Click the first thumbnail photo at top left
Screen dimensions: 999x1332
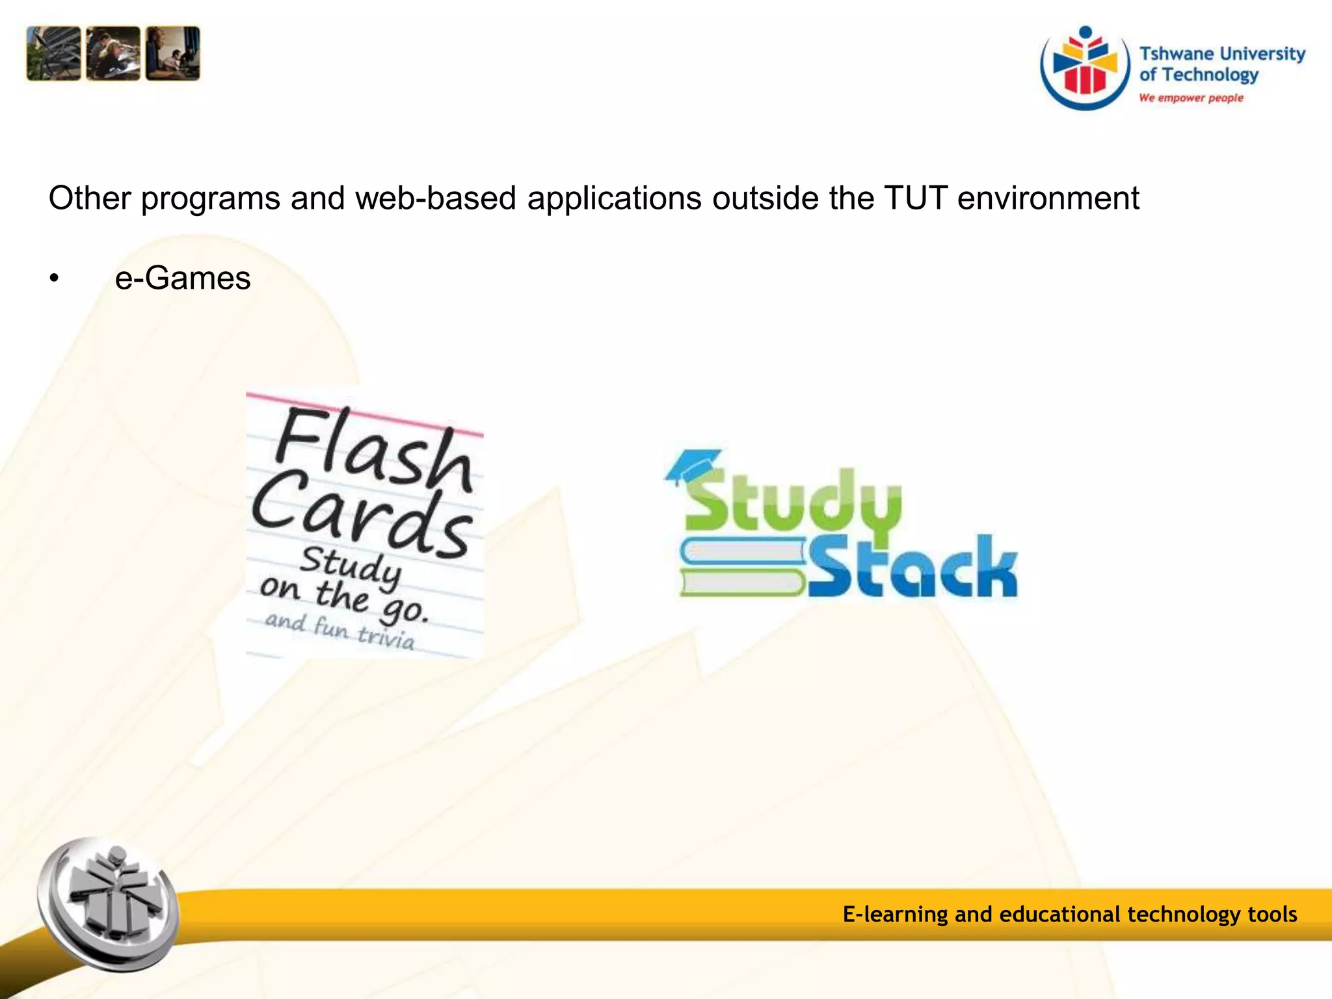(53, 53)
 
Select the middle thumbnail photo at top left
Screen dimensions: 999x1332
(113, 53)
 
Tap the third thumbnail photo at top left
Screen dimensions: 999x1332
(173, 53)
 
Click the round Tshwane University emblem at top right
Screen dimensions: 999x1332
(1084, 68)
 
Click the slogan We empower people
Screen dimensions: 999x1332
(1191, 98)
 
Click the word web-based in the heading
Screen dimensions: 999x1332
(435, 198)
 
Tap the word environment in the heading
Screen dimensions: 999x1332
(1048, 198)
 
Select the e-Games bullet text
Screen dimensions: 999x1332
(183, 278)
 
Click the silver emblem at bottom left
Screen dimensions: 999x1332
(108, 905)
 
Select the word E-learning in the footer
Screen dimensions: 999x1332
(895, 914)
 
